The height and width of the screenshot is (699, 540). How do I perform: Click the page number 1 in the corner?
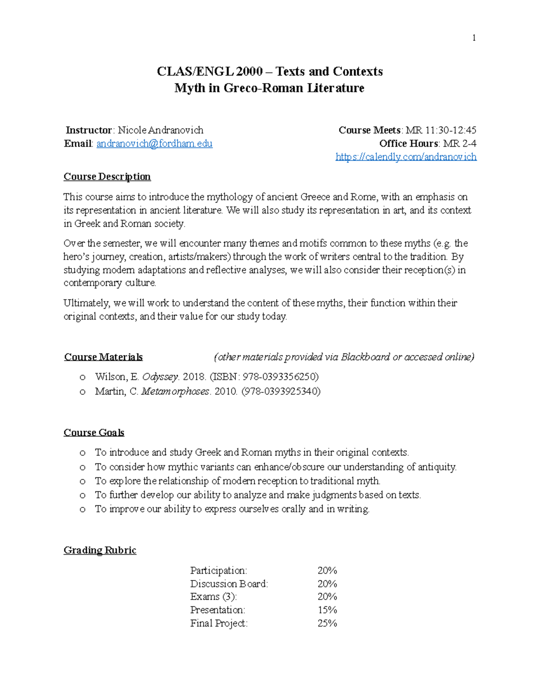[x=473, y=38]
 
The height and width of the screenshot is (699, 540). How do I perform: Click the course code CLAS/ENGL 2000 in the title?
[x=210, y=72]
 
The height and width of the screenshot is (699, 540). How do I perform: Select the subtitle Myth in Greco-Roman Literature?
[x=269, y=88]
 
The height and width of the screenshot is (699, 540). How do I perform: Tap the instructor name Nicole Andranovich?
[x=160, y=130]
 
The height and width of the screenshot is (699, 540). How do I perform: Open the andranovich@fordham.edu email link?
[x=154, y=144]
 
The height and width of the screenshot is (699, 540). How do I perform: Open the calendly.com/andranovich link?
[x=406, y=157]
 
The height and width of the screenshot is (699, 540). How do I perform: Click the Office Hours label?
[x=409, y=144]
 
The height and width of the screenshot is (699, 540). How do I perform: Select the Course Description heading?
[x=107, y=176]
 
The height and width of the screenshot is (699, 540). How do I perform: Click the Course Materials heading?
[x=103, y=357]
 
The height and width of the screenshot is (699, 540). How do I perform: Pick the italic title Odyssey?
[x=160, y=377]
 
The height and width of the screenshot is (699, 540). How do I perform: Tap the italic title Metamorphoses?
[x=175, y=391]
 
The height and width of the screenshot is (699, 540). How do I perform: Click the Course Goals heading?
[x=94, y=433]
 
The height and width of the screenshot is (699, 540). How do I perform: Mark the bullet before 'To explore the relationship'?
[x=82, y=481]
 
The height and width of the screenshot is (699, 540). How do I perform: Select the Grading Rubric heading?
[x=100, y=550]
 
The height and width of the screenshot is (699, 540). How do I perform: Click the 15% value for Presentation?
[x=327, y=610]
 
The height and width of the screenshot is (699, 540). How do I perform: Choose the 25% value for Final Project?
[x=327, y=623]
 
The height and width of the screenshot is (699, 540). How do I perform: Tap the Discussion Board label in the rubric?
[x=229, y=584]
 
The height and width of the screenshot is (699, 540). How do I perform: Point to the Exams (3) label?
[x=213, y=597]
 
